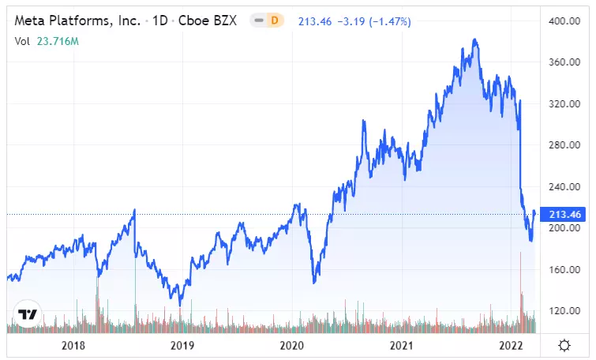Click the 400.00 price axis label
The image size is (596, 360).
564,21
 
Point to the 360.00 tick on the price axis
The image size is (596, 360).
564,62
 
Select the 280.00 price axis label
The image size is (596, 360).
564,144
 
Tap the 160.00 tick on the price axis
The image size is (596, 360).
564,269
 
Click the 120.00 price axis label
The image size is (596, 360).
564,311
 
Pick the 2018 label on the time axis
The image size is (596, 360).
73,346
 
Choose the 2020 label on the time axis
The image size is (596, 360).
292,346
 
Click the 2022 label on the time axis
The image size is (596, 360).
512,346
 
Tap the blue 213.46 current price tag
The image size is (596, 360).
564,215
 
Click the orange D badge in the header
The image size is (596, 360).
275,21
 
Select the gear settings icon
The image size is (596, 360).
564,346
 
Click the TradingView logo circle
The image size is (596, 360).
28,314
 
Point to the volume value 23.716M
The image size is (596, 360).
58,41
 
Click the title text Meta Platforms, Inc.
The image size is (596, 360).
77,21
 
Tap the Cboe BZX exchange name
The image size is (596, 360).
207,21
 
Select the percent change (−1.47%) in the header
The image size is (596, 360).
390,21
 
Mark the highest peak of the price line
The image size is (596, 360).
474,39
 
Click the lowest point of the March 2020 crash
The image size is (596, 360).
314,283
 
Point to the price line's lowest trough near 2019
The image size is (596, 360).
180,305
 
